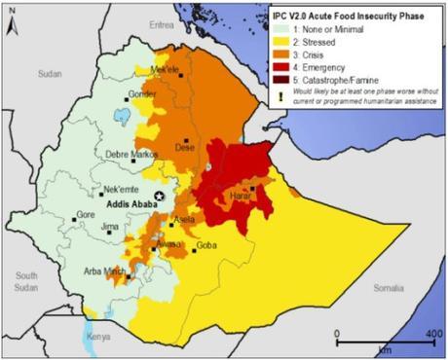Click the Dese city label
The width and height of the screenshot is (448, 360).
tap(184, 147)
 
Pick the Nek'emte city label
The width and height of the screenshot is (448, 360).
tap(102, 185)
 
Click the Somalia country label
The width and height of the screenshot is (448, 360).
tap(395, 288)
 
